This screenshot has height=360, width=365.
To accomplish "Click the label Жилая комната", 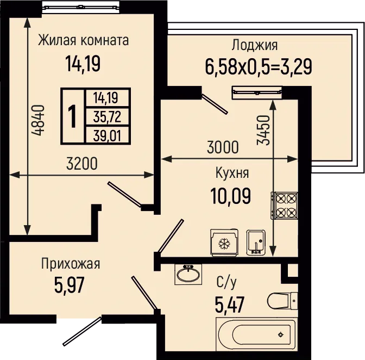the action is [83, 40].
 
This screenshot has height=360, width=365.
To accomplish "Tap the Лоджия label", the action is [254, 45].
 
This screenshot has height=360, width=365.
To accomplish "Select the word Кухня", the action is [232, 173].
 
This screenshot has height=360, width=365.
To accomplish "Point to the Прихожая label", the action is [71, 264].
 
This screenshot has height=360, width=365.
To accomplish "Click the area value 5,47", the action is [230, 305].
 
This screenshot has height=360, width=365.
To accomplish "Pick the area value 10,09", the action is [231, 196].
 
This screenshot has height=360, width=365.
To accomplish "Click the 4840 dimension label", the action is [38, 121].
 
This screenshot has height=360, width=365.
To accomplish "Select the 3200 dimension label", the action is [81, 164].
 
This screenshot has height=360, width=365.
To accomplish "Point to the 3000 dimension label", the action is [223, 147].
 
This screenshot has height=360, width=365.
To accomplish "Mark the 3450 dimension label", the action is [263, 130].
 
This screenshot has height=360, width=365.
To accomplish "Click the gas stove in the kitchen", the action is [284, 205].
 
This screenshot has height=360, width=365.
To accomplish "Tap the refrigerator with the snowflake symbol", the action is [224, 243].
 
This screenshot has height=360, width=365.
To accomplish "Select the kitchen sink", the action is [256, 243].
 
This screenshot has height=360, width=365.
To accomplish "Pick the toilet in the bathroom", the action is [282, 301].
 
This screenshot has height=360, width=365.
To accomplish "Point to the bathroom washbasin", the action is [188, 274].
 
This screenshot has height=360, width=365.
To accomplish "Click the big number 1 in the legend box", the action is [73, 116].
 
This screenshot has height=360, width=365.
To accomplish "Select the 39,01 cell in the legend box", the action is [107, 135].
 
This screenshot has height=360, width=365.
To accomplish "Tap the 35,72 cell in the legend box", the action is [107, 116].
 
